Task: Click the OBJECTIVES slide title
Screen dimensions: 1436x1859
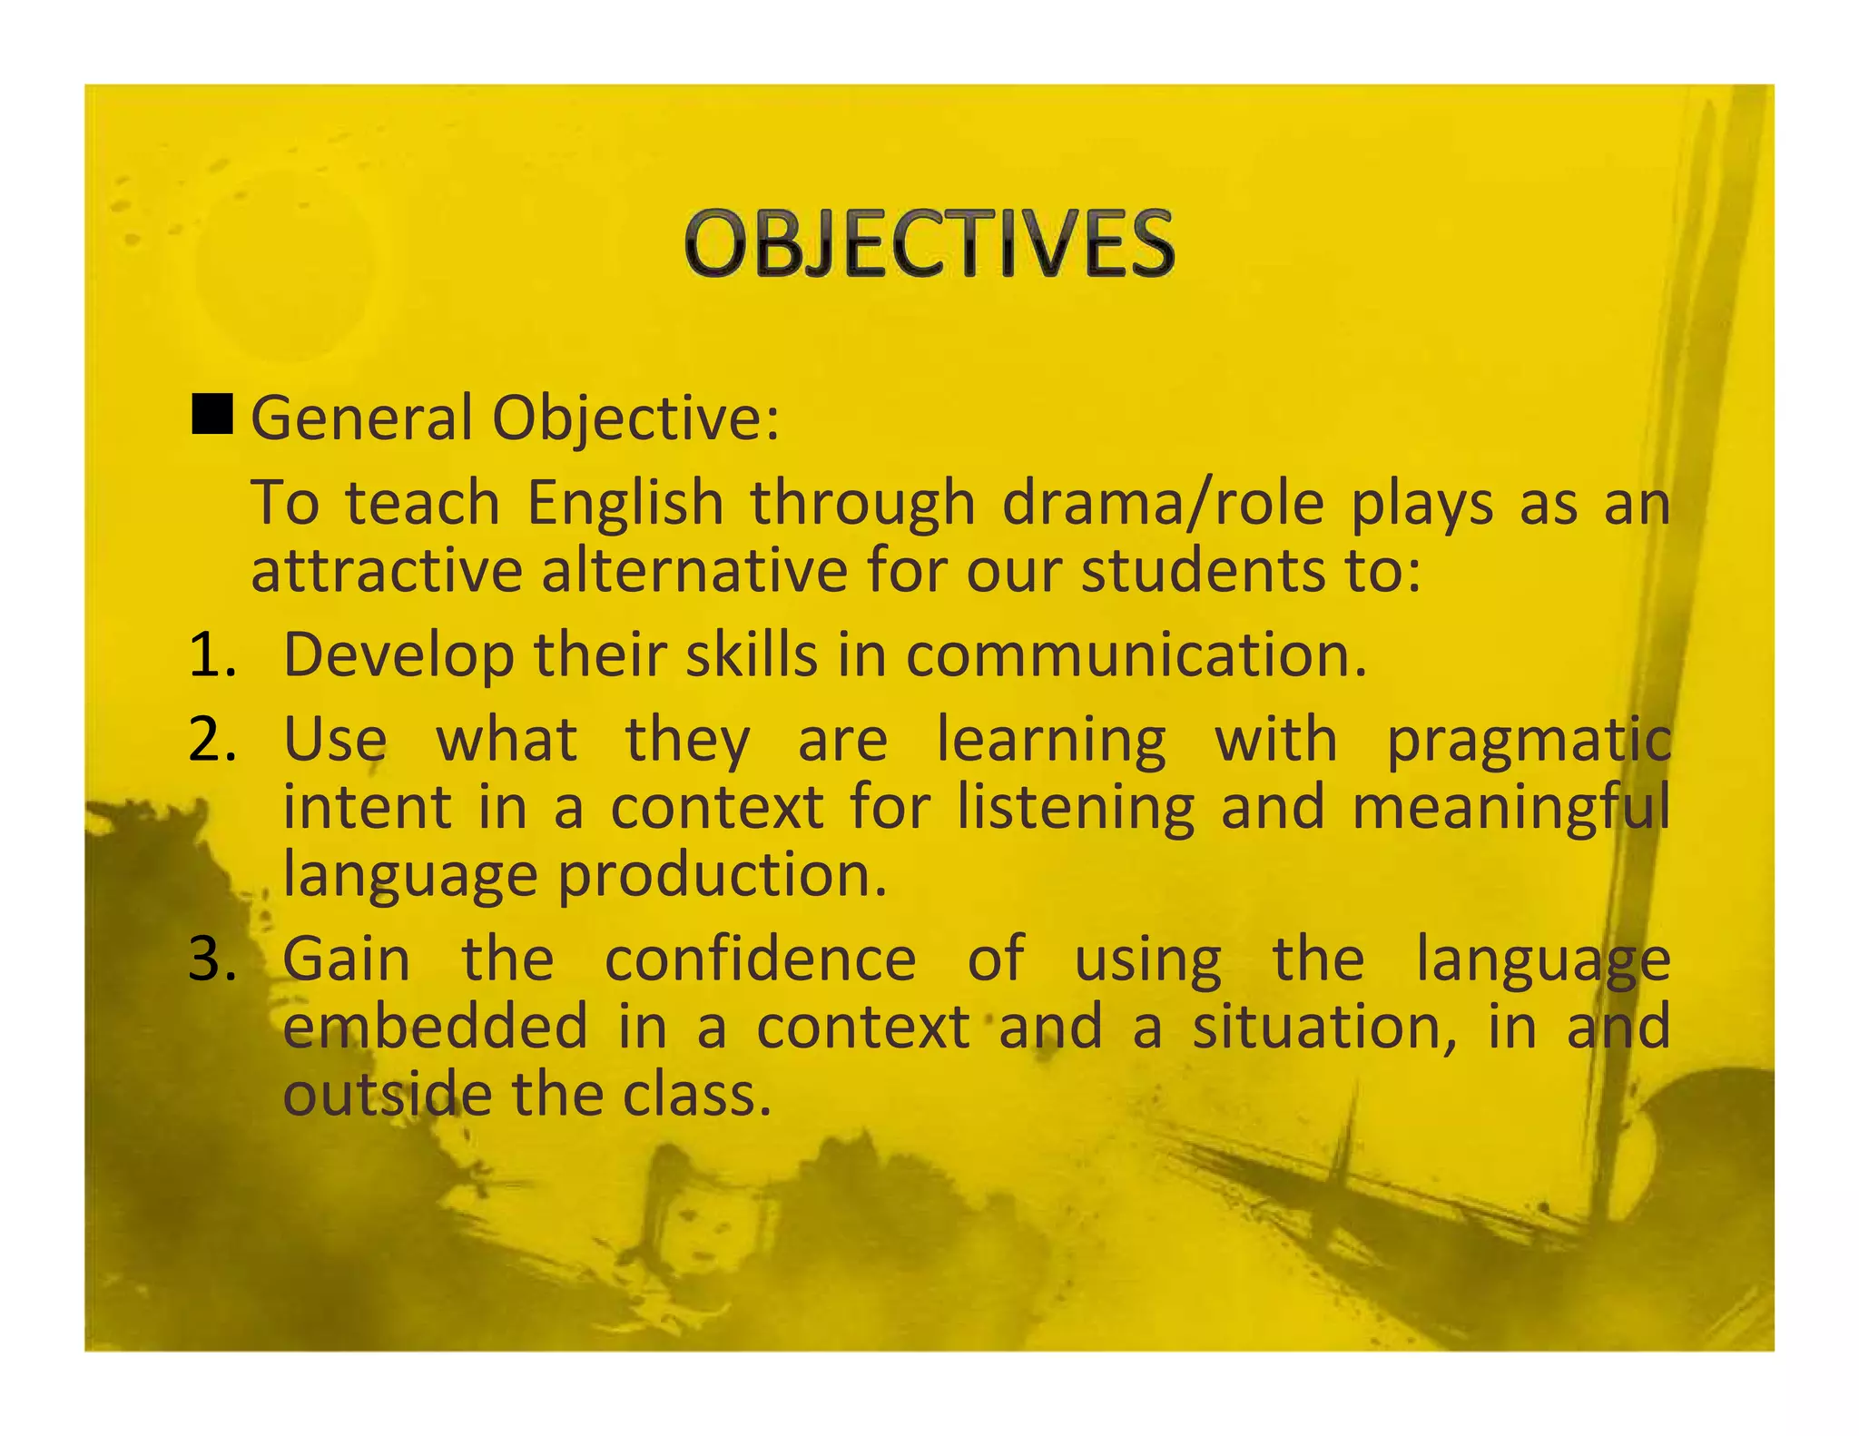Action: (x=929, y=243)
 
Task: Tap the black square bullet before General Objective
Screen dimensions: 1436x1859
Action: (x=212, y=415)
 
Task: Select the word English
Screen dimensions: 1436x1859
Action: (x=625, y=503)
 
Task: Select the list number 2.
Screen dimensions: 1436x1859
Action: (x=211, y=740)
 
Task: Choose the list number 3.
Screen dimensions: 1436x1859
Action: (x=211, y=959)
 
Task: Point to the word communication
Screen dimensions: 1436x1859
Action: (x=1135, y=654)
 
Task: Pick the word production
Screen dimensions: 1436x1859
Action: (x=722, y=876)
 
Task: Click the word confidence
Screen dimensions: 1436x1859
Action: (x=761, y=959)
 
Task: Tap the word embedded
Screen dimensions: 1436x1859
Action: (x=436, y=1027)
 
